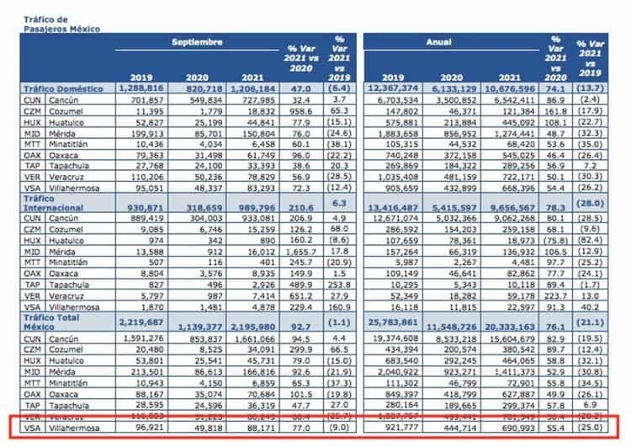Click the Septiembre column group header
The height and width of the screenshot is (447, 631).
pos(199,41)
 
